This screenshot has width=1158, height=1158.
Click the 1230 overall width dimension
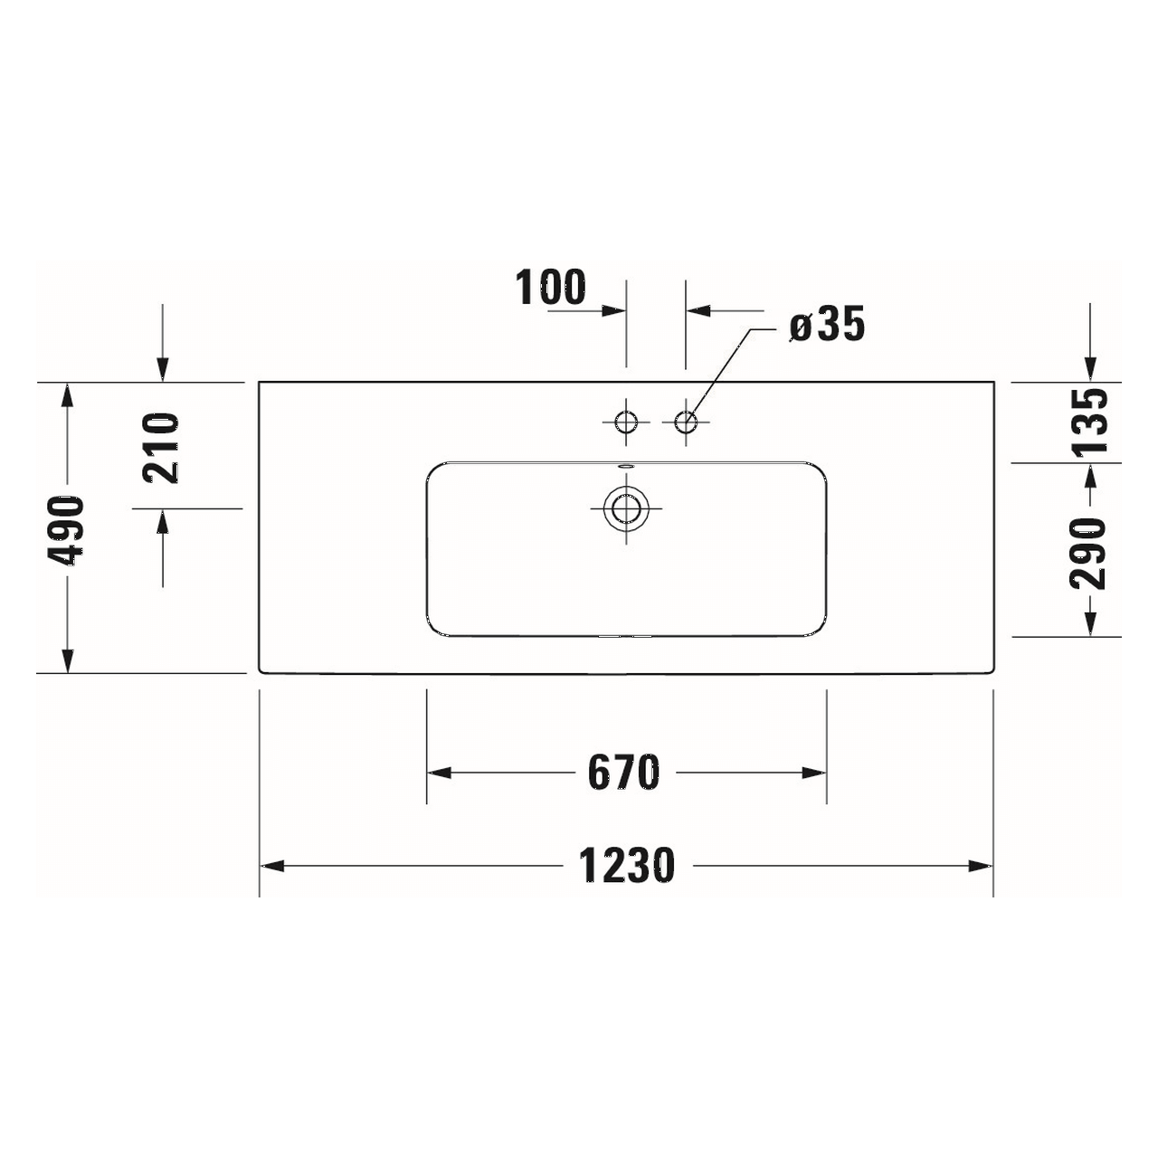(627, 866)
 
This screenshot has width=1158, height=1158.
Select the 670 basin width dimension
(624, 773)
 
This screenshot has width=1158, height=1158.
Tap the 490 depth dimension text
(67, 530)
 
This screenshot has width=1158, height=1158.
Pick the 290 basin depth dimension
(1089, 553)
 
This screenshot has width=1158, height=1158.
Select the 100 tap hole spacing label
(551, 288)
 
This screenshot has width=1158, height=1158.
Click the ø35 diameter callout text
(827, 325)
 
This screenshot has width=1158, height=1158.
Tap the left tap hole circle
(626, 422)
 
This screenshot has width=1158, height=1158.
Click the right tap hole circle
(686, 422)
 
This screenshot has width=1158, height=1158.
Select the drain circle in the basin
(626, 508)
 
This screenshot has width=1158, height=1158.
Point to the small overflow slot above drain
(626, 467)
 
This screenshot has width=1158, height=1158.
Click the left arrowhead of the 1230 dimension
(271, 866)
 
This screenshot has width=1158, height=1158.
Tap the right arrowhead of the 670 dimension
(815, 773)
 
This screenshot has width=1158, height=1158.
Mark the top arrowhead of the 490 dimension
(67, 394)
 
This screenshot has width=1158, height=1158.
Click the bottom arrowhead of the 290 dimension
(1090, 625)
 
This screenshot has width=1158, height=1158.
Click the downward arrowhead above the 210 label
(163, 370)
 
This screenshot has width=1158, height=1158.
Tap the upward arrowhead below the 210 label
(163, 520)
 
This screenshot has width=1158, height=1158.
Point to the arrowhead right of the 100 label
(615, 310)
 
